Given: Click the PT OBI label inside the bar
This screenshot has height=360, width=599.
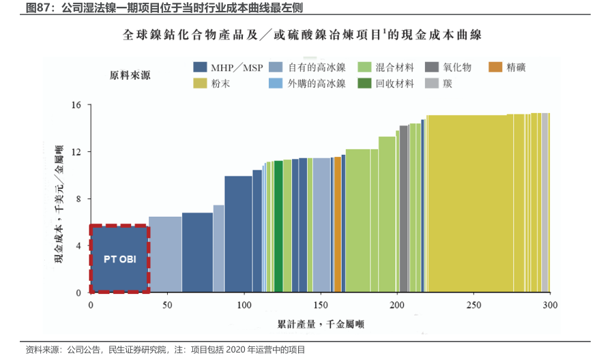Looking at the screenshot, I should [x=119, y=259].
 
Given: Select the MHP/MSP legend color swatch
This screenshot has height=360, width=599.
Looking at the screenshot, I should [x=200, y=67].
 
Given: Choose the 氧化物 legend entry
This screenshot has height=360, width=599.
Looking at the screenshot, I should [x=457, y=67].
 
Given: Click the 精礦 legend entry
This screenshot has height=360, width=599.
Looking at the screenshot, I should [x=515, y=67].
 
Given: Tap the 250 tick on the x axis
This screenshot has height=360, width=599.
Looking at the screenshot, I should [x=474, y=305].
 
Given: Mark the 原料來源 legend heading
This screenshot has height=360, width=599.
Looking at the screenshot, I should [x=130, y=76].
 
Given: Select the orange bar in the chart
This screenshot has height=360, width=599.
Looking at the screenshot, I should [x=338, y=225].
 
